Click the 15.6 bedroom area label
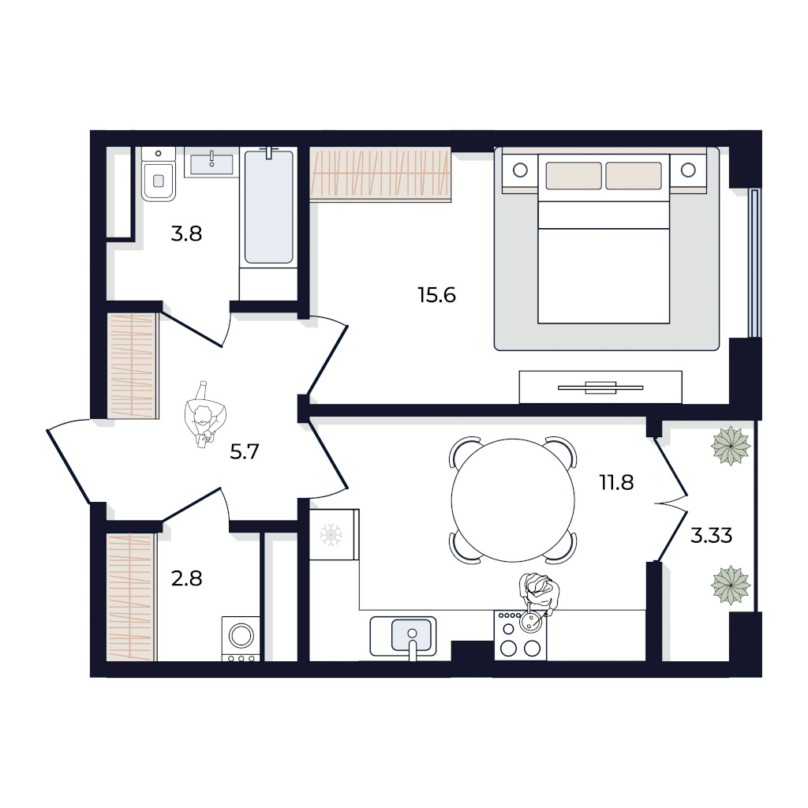coord(436,295)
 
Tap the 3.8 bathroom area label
coord(186,234)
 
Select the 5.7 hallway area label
coord(245,452)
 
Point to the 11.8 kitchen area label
coord(616,483)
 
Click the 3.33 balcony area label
coord(711,536)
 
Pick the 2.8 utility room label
coord(186,578)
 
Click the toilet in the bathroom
coord(159,174)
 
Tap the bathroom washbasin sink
coord(211,165)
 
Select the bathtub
coord(268,206)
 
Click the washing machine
coord(241,638)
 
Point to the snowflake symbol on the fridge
coord(331,536)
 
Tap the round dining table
coord(513,500)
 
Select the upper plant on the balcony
coord(730,446)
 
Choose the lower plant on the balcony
coord(730,585)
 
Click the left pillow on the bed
coord(574,176)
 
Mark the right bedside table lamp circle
coord(688,170)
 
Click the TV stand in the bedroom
coord(600,387)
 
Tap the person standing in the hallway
coord(205,414)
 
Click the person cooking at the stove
coord(539,598)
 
